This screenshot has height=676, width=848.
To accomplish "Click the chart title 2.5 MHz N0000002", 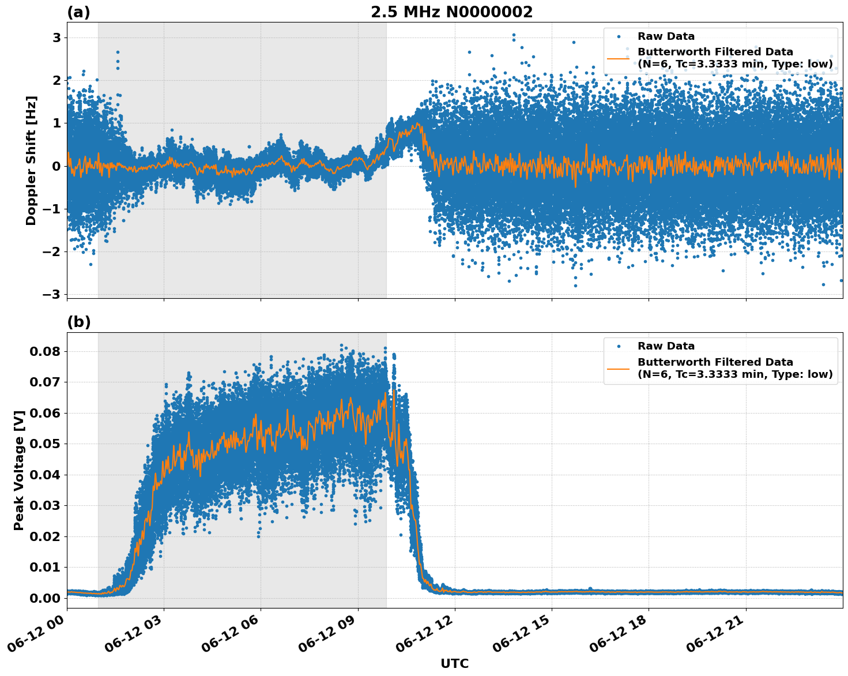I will click(451, 12).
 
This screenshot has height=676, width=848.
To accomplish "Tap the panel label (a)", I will click(78, 12).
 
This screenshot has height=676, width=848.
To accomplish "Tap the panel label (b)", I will click(78, 322).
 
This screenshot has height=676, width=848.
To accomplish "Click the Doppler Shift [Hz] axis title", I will click(31, 160).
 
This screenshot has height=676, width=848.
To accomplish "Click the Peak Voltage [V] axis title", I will click(19, 470).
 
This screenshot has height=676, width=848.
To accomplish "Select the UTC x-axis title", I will click(454, 663).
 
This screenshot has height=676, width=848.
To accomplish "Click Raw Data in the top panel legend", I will click(666, 36).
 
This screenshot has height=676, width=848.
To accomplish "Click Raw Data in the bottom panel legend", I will click(666, 346).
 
